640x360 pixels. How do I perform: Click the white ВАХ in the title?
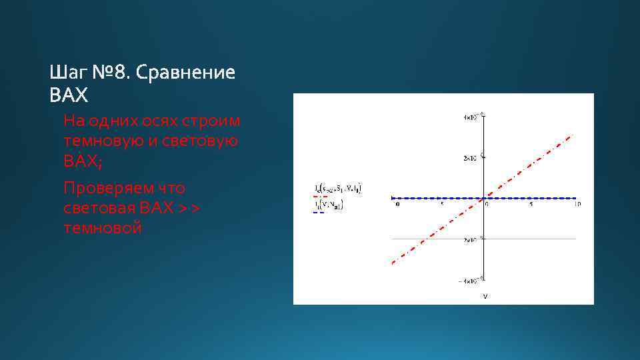(69, 96)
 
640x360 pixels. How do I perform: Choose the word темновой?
(103, 229)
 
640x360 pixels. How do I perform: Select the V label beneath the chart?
(485, 295)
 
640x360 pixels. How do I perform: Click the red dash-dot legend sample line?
(319, 197)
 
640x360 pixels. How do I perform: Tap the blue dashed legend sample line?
(319, 212)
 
